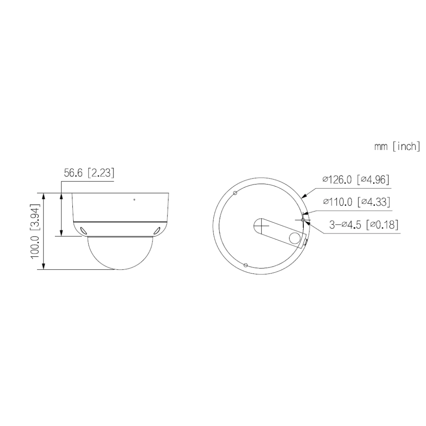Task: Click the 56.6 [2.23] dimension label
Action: (x=89, y=173)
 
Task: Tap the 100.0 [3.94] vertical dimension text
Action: (x=35, y=231)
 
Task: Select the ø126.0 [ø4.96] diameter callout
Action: (x=356, y=180)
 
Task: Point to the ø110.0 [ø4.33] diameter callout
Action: (x=357, y=202)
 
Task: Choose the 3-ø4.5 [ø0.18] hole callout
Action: (x=364, y=225)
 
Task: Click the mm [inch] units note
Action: (x=397, y=147)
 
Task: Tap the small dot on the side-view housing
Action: (x=134, y=200)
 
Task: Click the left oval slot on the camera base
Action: (x=84, y=230)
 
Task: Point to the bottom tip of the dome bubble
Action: (x=121, y=270)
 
